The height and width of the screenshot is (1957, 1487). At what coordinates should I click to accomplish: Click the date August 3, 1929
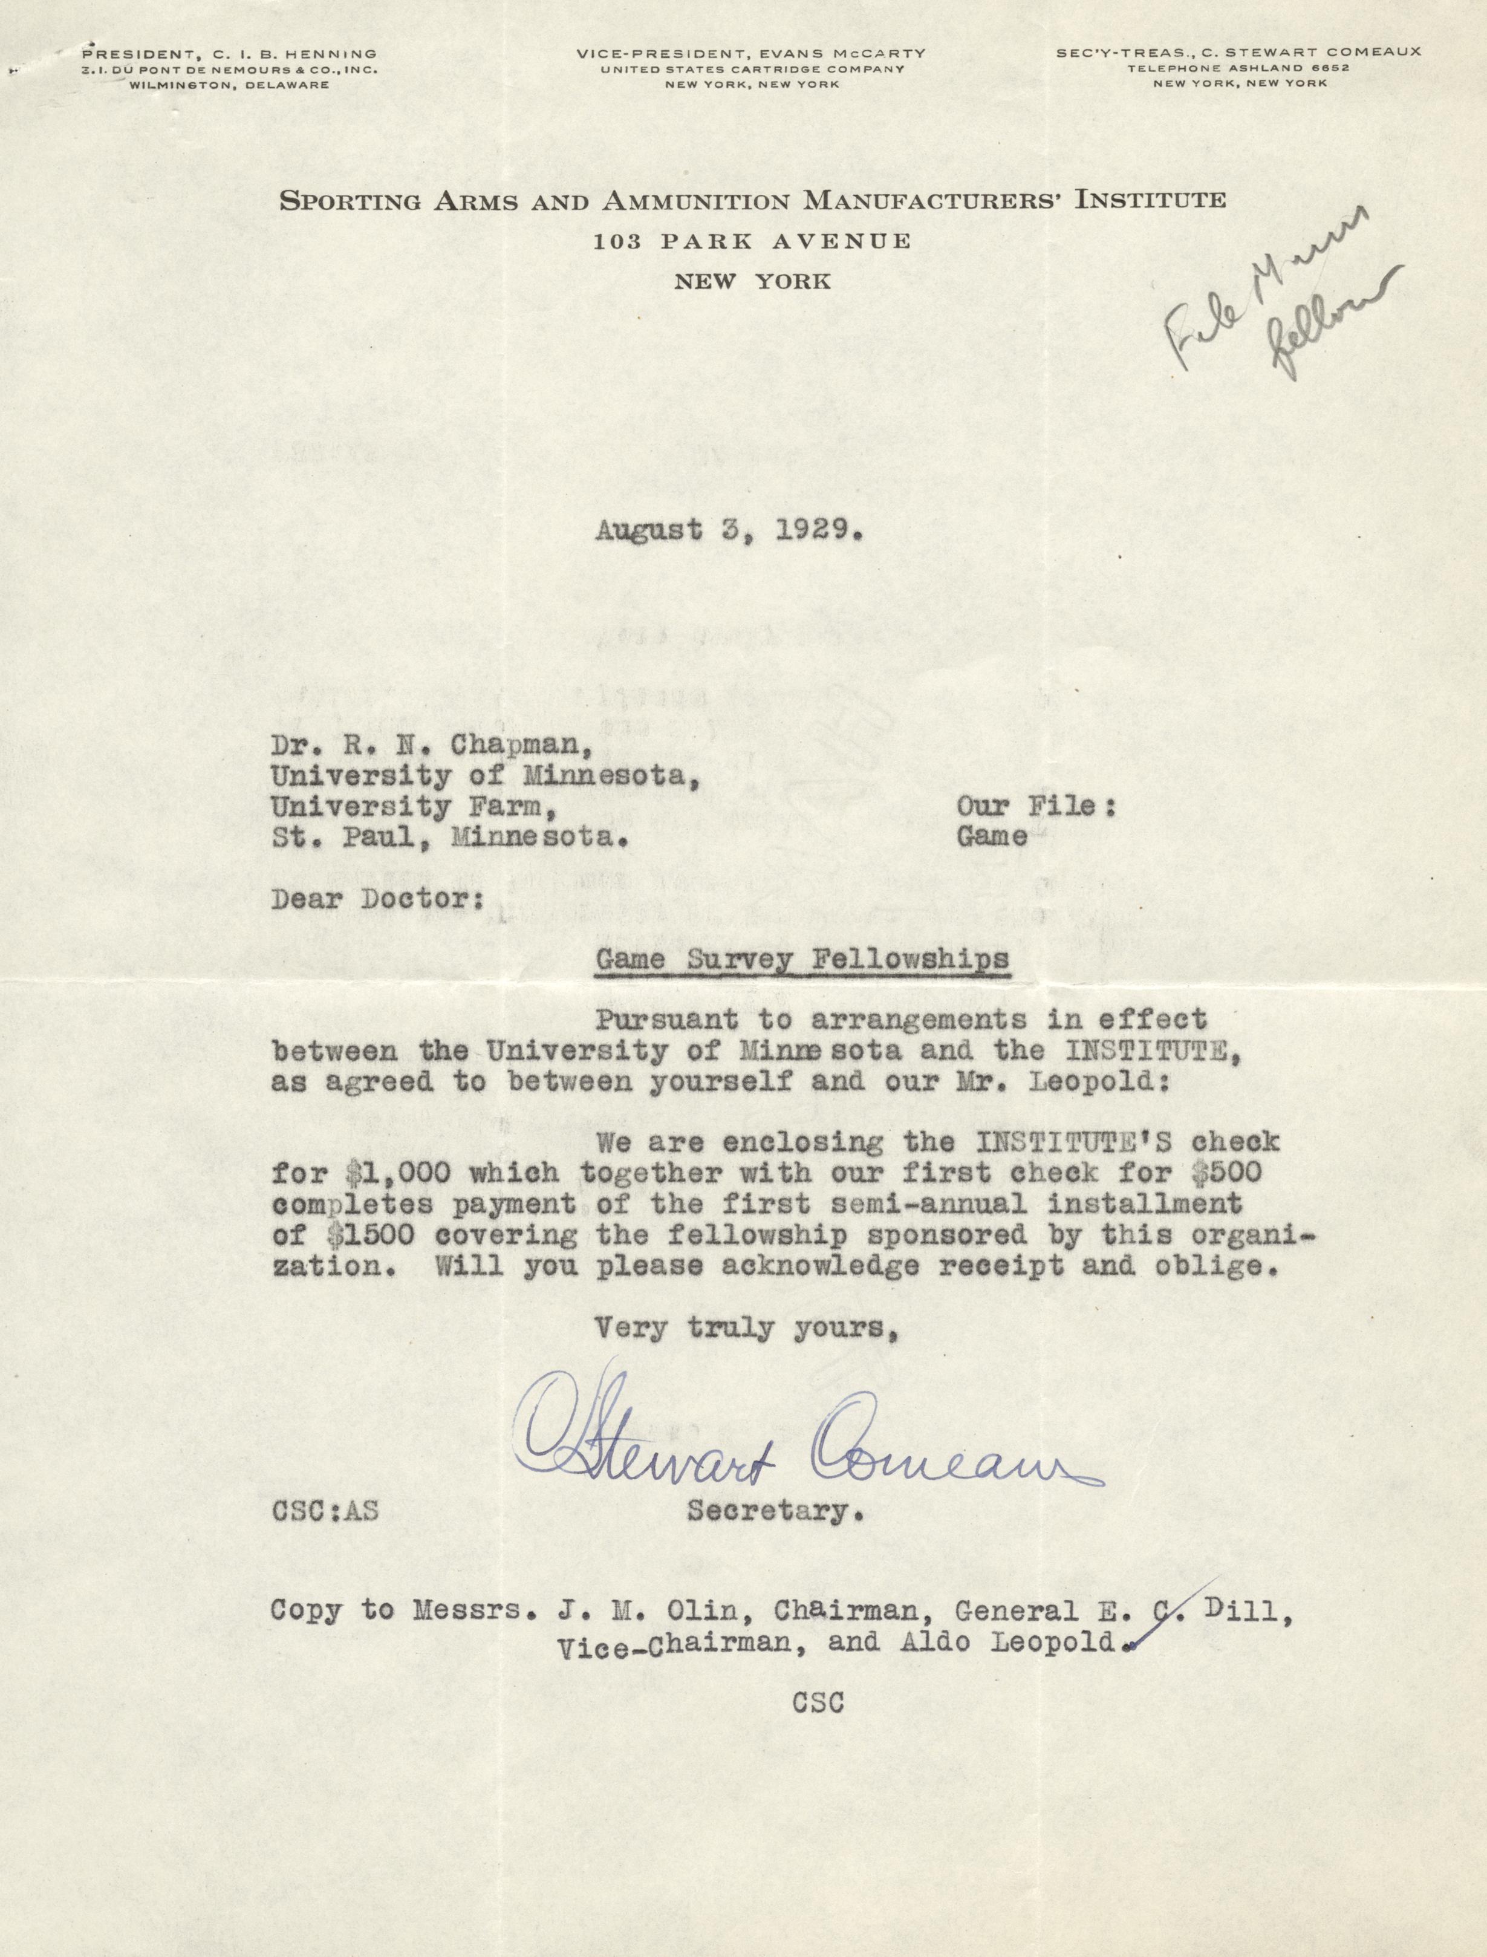tap(727, 530)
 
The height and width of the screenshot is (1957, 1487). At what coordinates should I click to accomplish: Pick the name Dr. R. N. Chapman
tap(431, 745)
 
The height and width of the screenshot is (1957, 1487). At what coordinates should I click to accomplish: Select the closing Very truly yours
tap(743, 1329)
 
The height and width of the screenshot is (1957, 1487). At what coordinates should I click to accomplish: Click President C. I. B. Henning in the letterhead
tap(229, 54)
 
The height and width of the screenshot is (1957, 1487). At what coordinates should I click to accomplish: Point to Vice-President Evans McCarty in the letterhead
tap(750, 54)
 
